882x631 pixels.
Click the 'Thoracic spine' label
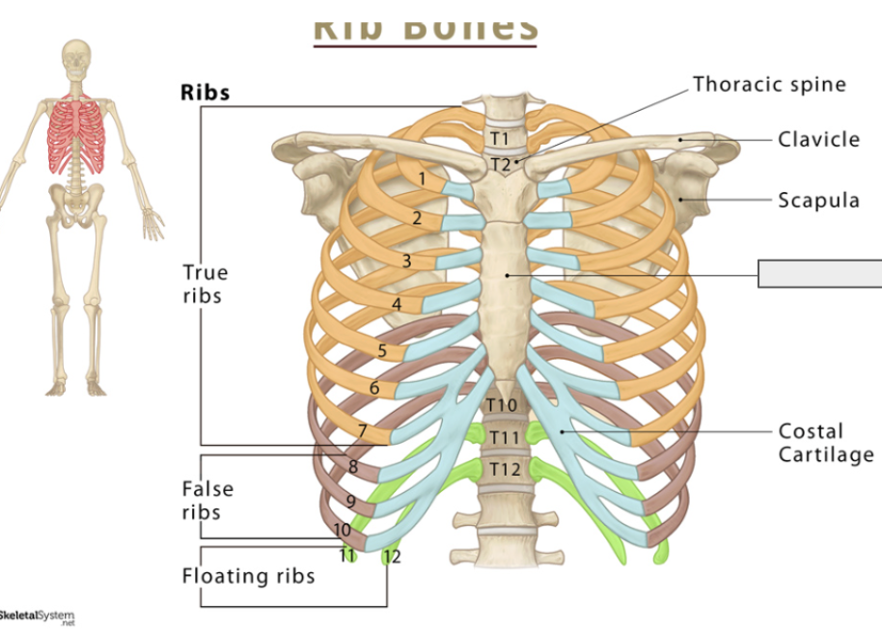point(769,85)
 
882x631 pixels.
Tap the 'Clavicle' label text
point(818,139)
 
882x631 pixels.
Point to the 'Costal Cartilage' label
point(825,443)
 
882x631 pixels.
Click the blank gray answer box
point(820,274)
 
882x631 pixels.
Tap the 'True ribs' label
point(205,284)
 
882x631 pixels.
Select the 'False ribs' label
point(207,501)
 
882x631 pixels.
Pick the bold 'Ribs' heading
point(206,93)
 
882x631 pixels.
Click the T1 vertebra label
point(498,139)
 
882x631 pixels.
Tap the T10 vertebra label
point(502,405)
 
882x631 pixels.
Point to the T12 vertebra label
point(504,469)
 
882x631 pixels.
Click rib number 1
point(422,178)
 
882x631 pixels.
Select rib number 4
point(396,305)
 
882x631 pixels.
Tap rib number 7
point(362,431)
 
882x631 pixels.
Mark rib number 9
point(350,502)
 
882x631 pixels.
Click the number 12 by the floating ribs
point(391,557)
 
